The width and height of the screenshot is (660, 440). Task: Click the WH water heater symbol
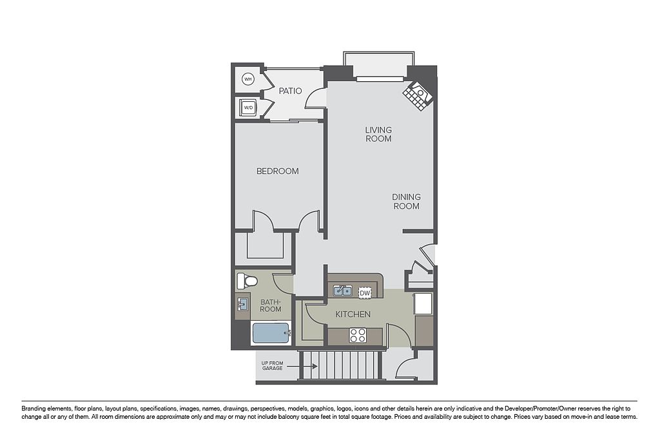[x=248, y=79]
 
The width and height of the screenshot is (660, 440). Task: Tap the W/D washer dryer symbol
[x=248, y=108]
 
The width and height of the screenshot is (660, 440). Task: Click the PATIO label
[x=290, y=91]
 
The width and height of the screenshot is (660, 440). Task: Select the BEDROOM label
[x=277, y=171]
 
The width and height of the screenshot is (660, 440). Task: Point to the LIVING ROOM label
[x=378, y=134]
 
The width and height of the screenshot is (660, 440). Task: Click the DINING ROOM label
[x=406, y=202]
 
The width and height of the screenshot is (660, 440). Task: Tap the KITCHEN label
[x=353, y=314]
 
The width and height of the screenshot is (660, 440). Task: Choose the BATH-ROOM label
[x=270, y=305]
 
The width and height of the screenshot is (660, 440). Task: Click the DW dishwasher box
[x=365, y=292]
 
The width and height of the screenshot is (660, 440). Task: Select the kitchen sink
[x=343, y=291]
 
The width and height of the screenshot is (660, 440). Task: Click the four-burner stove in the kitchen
[x=357, y=336]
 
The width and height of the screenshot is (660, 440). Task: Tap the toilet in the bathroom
[x=247, y=281]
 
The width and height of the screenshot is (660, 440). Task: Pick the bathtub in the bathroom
[x=271, y=333]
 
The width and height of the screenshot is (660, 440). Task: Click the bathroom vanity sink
[x=242, y=304]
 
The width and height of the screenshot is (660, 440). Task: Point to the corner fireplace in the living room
[x=418, y=96]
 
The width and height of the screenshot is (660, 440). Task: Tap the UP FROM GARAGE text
[x=273, y=365]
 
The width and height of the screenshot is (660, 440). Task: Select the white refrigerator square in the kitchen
[x=423, y=303]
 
